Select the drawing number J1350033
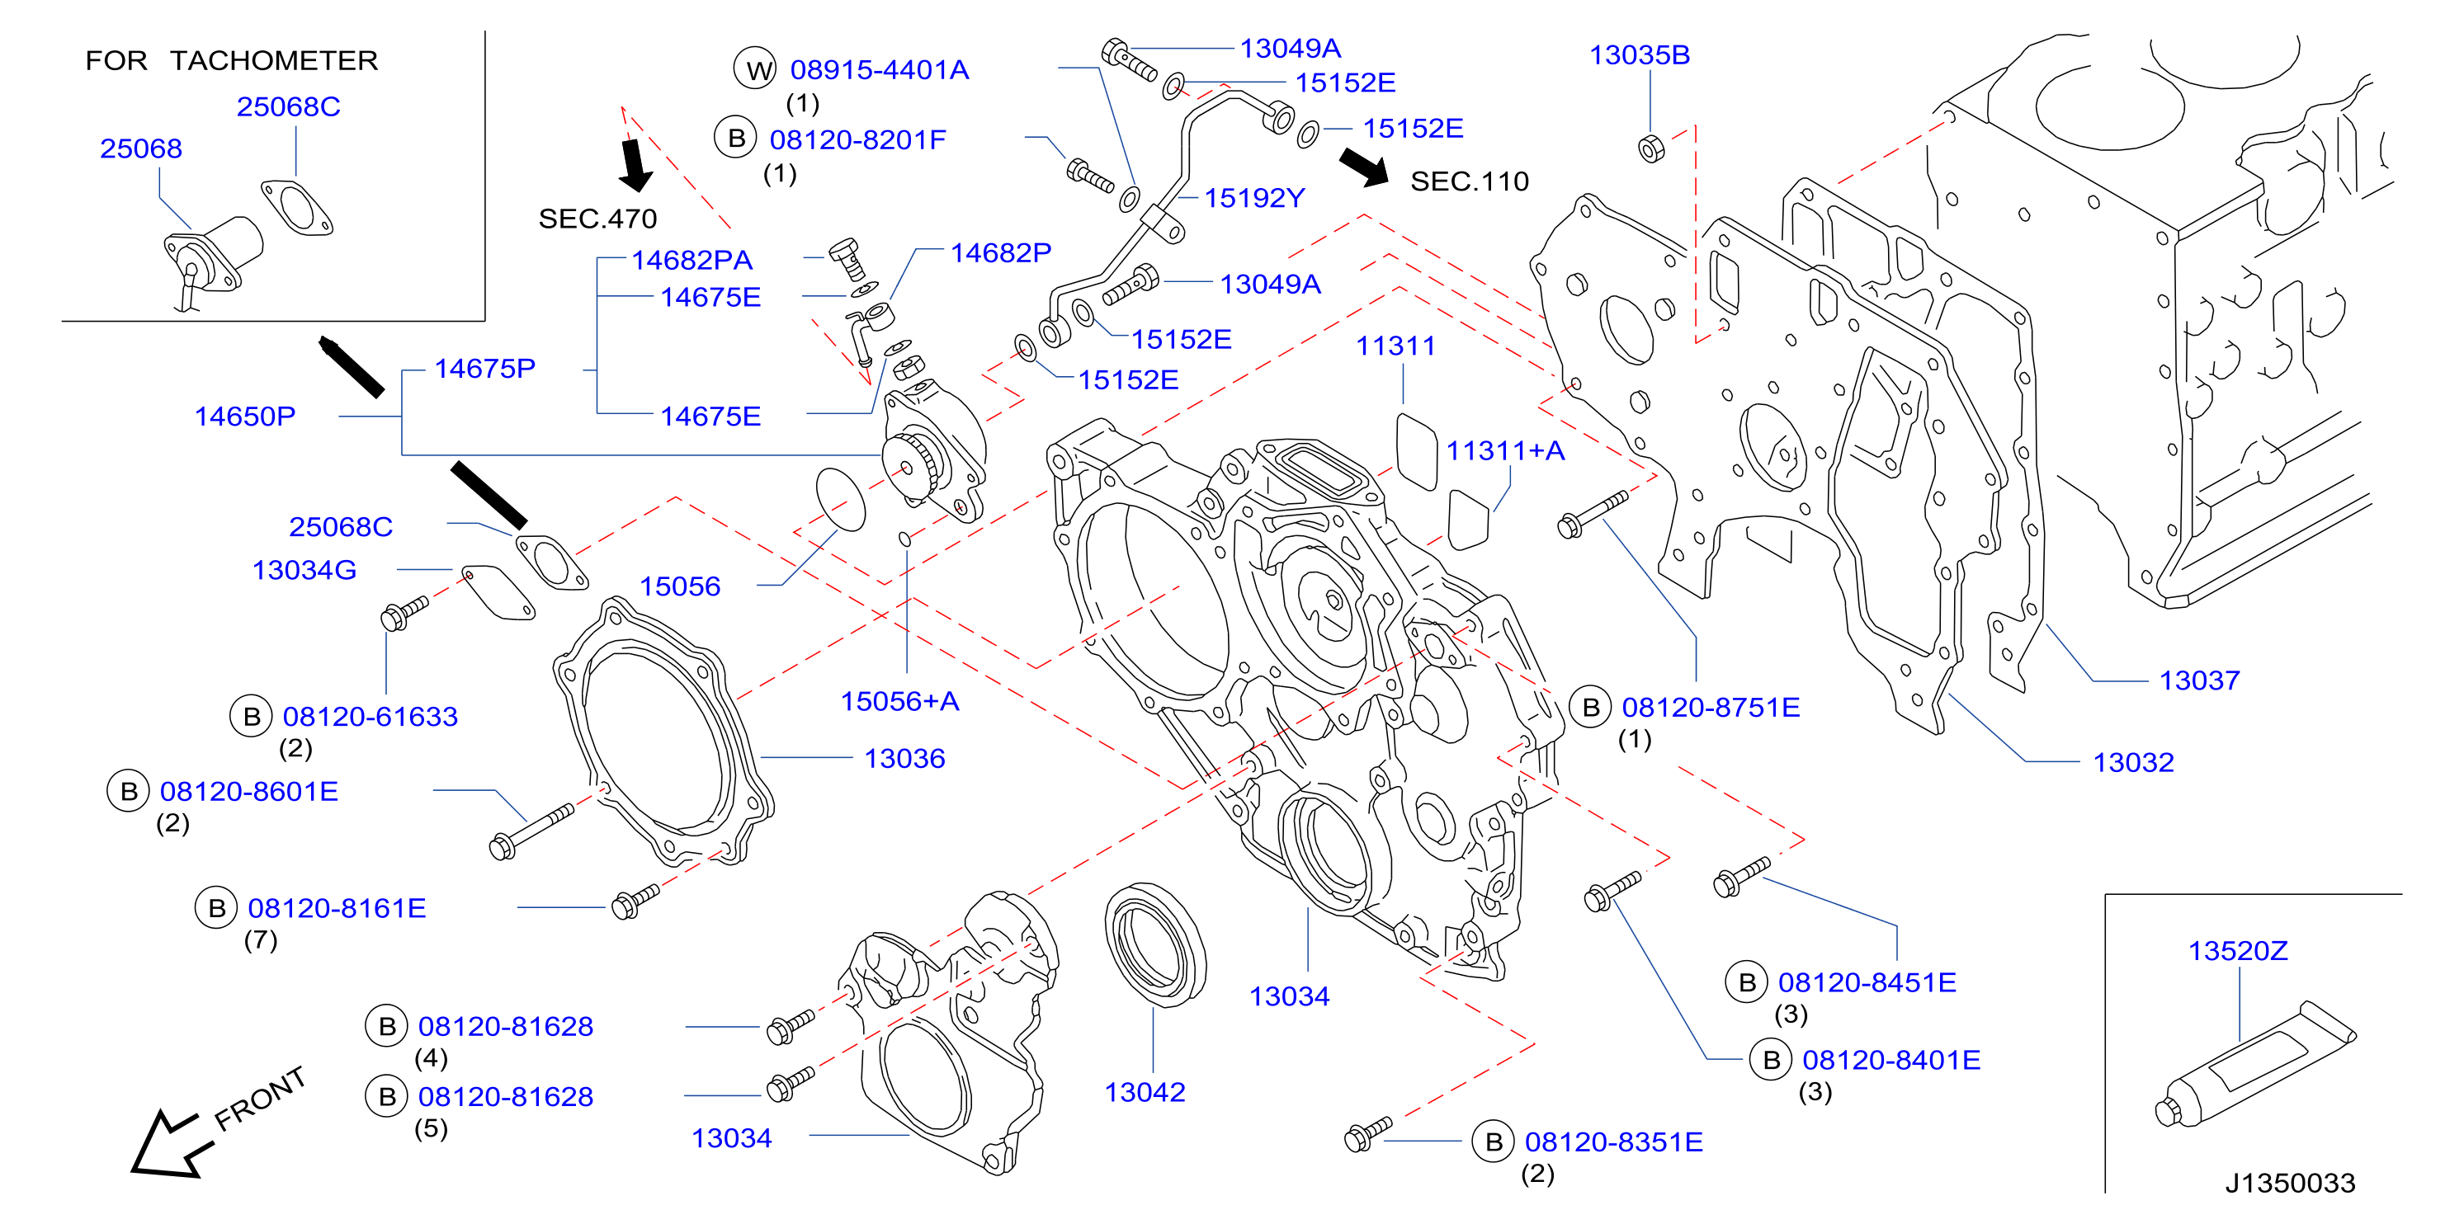pyautogui.click(x=2290, y=1183)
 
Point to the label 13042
pyautogui.click(x=1145, y=1092)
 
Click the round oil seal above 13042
pyautogui.click(x=1154, y=944)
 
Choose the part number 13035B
pyautogui.click(x=1640, y=54)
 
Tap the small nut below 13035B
pyautogui.click(x=1652, y=149)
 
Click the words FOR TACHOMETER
pyautogui.click(x=232, y=60)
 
